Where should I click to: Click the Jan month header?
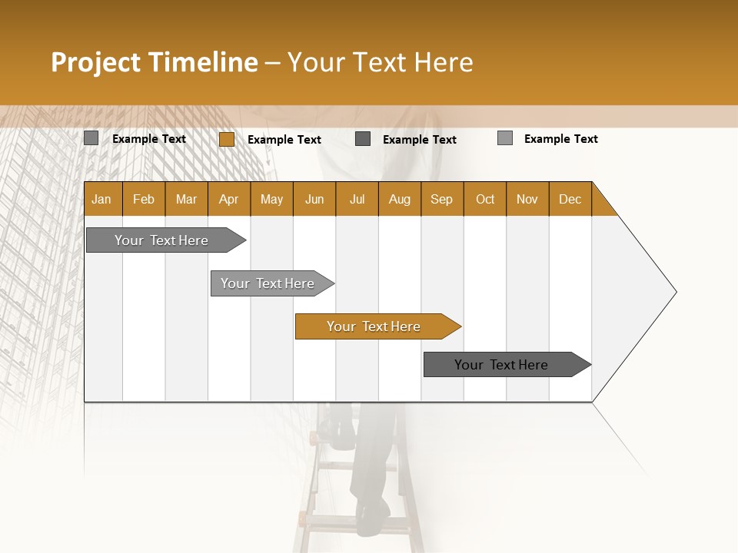click(x=102, y=199)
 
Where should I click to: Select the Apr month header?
click(x=229, y=199)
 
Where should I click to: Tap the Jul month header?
click(x=357, y=199)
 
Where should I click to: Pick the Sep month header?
click(x=442, y=199)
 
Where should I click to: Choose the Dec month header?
click(x=570, y=199)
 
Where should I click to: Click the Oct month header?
click(x=485, y=199)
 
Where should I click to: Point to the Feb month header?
click(x=144, y=199)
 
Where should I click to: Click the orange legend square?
click(x=227, y=139)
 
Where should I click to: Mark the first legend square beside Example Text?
click(x=91, y=138)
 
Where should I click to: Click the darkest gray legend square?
click(x=363, y=138)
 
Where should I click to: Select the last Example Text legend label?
click(x=560, y=139)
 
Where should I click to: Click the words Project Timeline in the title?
click(x=154, y=62)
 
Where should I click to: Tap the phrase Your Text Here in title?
click(x=380, y=62)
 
